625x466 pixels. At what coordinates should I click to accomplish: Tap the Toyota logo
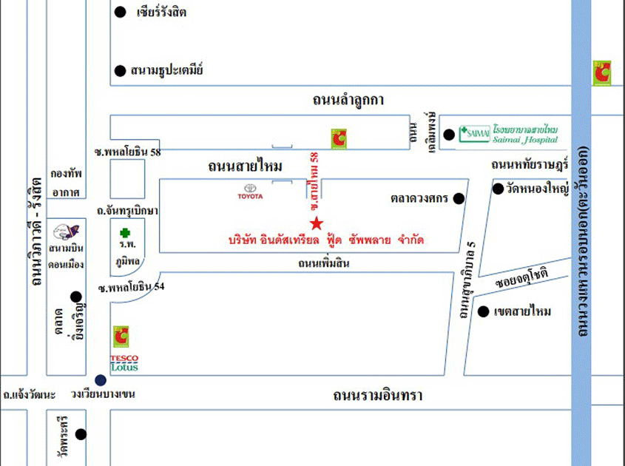pyautogui.click(x=249, y=190)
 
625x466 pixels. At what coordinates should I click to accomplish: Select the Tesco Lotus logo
pyautogui.click(x=124, y=362)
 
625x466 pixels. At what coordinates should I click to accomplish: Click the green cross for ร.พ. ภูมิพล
pyautogui.click(x=124, y=232)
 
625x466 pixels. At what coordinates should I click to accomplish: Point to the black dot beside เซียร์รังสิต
pyautogui.click(x=121, y=12)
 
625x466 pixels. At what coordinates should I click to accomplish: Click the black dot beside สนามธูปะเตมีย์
pyautogui.click(x=120, y=71)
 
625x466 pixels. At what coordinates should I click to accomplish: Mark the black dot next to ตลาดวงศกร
pyautogui.click(x=459, y=198)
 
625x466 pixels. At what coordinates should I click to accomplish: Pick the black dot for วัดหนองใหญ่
pyautogui.click(x=498, y=189)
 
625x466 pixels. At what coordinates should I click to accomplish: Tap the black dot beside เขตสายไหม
pyautogui.click(x=483, y=311)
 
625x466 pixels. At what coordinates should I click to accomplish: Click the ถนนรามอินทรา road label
pyautogui.click(x=376, y=396)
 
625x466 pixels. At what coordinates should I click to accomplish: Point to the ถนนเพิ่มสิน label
pyautogui.click(x=323, y=263)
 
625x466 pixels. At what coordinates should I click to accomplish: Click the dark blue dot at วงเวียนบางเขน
pyautogui.click(x=101, y=379)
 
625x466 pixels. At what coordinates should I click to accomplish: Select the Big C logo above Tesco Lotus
pyautogui.click(x=121, y=337)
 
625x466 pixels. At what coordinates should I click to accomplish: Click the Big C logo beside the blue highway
pyautogui.click(x=601, y=72)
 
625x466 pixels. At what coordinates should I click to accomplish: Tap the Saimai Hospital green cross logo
pyautogui.click(x=467, y=134)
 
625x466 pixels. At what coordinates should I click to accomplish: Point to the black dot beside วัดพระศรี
pyautogui.click(x=81, y=434)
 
